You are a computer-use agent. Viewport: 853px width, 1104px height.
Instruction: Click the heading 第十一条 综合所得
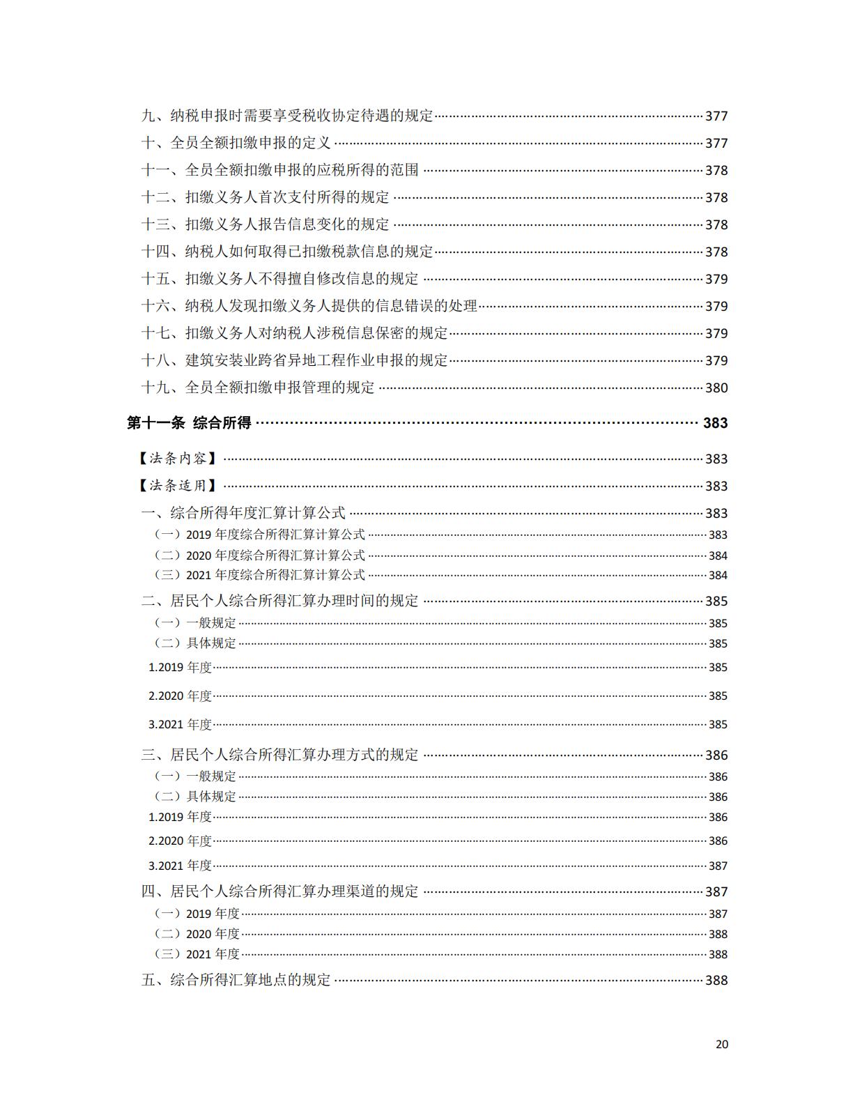click(x=189, y=423)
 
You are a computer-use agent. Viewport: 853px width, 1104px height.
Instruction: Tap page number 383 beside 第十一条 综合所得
click(x=715, y=423)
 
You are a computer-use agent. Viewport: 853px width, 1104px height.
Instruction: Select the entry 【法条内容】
click(x=177, y=459)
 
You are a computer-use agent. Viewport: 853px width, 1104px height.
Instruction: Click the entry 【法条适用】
click(x=177, y=486)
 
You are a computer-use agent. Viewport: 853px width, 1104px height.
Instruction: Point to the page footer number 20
click(x=721, y=1044)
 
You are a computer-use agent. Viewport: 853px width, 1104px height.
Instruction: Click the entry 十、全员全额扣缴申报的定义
click(x=236, y=143)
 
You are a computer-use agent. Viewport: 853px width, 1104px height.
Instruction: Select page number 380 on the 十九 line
click(x=716, y=388)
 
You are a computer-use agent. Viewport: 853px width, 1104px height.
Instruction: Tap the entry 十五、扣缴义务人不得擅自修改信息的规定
click(x=280, y=279)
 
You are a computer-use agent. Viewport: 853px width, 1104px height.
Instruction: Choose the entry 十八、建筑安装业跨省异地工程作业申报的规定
click(x=295, y=360)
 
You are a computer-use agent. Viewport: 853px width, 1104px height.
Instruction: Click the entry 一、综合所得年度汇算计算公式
click(x=244, y=513)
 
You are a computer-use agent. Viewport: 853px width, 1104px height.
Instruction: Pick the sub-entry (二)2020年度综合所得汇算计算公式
click(x=260, y=555)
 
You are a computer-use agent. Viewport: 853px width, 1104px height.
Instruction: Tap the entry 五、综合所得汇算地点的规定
click(x=236, y=980)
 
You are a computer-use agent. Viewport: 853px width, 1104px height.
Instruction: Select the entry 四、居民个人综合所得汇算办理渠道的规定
click(x=280, y=891)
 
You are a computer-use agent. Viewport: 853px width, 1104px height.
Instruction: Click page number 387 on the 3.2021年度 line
click(x=718, y=866)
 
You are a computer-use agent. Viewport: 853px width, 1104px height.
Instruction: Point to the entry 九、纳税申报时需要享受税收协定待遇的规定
click(x=288, y=116)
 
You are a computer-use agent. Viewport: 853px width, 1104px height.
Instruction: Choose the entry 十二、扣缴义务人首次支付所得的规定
click(x=266, y=197)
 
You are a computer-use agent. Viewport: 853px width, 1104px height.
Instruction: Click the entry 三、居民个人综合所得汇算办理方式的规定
click(x=280, y=755)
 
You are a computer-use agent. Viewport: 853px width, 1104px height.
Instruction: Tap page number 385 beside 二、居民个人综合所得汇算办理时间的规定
click(x=716, y=601)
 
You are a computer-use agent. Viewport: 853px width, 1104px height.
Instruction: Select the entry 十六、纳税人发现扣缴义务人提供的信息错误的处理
click(x=309, y=306)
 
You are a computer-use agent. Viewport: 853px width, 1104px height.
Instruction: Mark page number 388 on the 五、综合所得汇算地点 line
click(x=716, y=980)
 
